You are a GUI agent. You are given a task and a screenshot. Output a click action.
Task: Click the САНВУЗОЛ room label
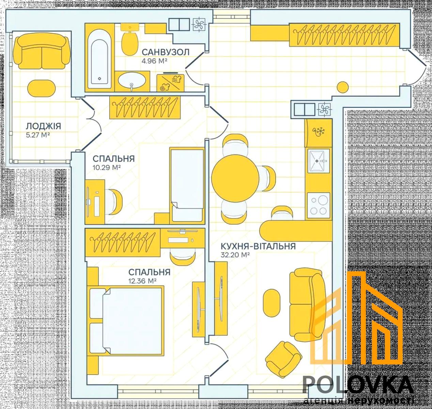166,52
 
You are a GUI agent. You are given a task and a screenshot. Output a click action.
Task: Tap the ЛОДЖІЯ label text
44,126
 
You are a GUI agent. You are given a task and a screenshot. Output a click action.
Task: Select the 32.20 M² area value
235,255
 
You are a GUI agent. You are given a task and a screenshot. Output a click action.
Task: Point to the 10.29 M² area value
107,168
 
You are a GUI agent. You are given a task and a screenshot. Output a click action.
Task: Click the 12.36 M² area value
142,281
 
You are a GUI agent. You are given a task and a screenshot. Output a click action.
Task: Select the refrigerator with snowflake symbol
318,133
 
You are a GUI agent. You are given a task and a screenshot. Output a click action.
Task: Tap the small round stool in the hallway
343,87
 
